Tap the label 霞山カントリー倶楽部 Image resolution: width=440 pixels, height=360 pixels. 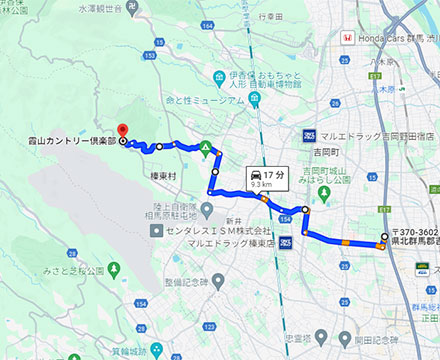click(59, 142)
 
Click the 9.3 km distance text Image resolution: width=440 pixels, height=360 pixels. click(262, 184)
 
